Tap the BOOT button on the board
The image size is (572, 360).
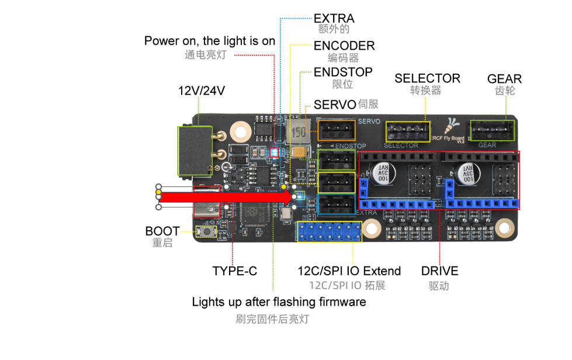[x=206, y=232]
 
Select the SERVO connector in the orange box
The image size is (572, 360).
[x=336, y=130]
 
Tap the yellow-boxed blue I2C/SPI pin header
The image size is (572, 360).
[x=329, y=231]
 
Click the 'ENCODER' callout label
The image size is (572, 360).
[x=344, y=46]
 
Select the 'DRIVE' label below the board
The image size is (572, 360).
[x=439, y=271]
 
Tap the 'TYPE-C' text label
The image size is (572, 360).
[x=234, y=271]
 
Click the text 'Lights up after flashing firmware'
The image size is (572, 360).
[x=279, y=302]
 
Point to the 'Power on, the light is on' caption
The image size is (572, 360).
[x=209, y=41]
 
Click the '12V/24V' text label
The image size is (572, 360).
[x=202, y=91]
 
